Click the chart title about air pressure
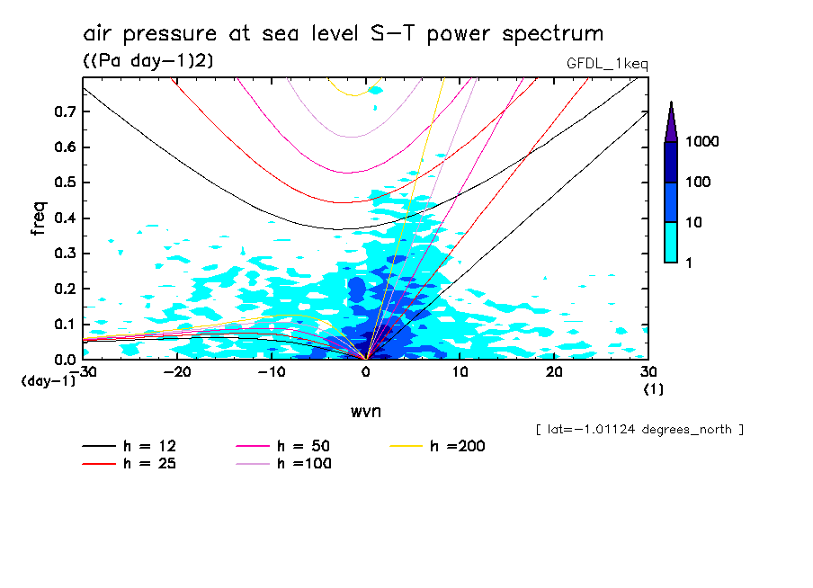[343, 34]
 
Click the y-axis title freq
[38, 218]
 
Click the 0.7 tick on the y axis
[66, 111]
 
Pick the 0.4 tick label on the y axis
[66, 218]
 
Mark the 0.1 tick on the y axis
[66, 325]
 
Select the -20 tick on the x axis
[177, 372]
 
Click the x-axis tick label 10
[460, 372]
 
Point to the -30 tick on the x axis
[83, 372]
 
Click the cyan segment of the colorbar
[671, 242]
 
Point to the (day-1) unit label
[47, 381]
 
